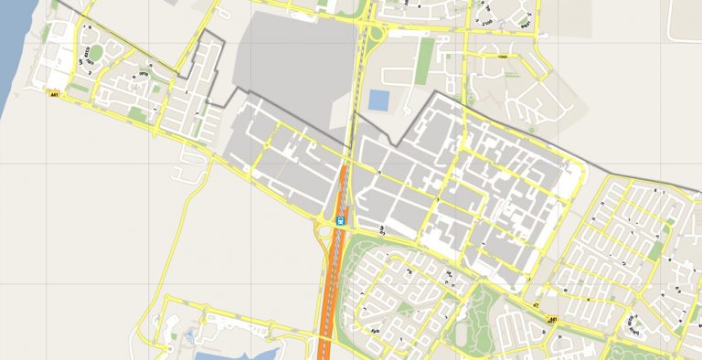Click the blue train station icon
[341, 220]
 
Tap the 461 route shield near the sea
[55, 94]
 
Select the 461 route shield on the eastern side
[553, 319]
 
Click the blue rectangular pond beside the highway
[377, 100]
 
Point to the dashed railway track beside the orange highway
[344, 274]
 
